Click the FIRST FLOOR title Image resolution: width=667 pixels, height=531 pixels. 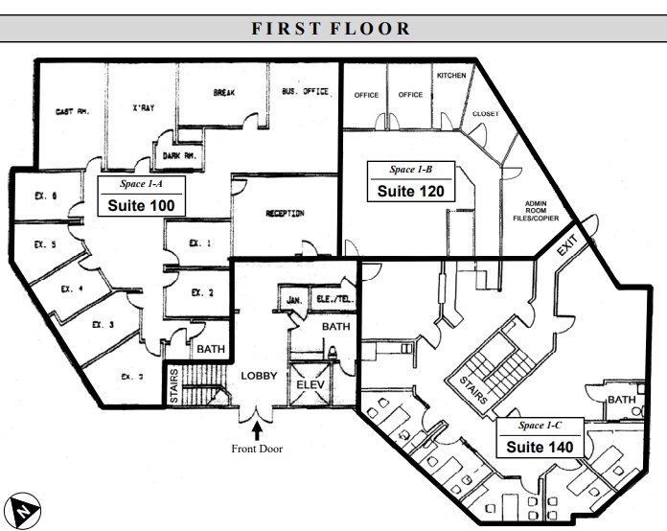click(x=332, y=28)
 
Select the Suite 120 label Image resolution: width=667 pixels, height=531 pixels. click(x=410, y=190)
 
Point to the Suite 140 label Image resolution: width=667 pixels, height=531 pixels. click(x=539, y=446)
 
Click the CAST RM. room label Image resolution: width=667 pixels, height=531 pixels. click(x=72, y=111)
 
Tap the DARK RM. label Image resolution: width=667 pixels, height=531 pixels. click(x=177, y=154)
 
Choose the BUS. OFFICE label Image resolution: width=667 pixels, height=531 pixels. click(x=305, y=92)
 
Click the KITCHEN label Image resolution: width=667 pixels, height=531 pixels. click(x=451, y=75)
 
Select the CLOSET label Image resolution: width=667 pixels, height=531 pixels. click(x=485, y=114)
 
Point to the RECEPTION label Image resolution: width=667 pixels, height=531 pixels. click(x=285, y=214)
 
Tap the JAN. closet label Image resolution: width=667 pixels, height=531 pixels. click(x=294, y=300)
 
